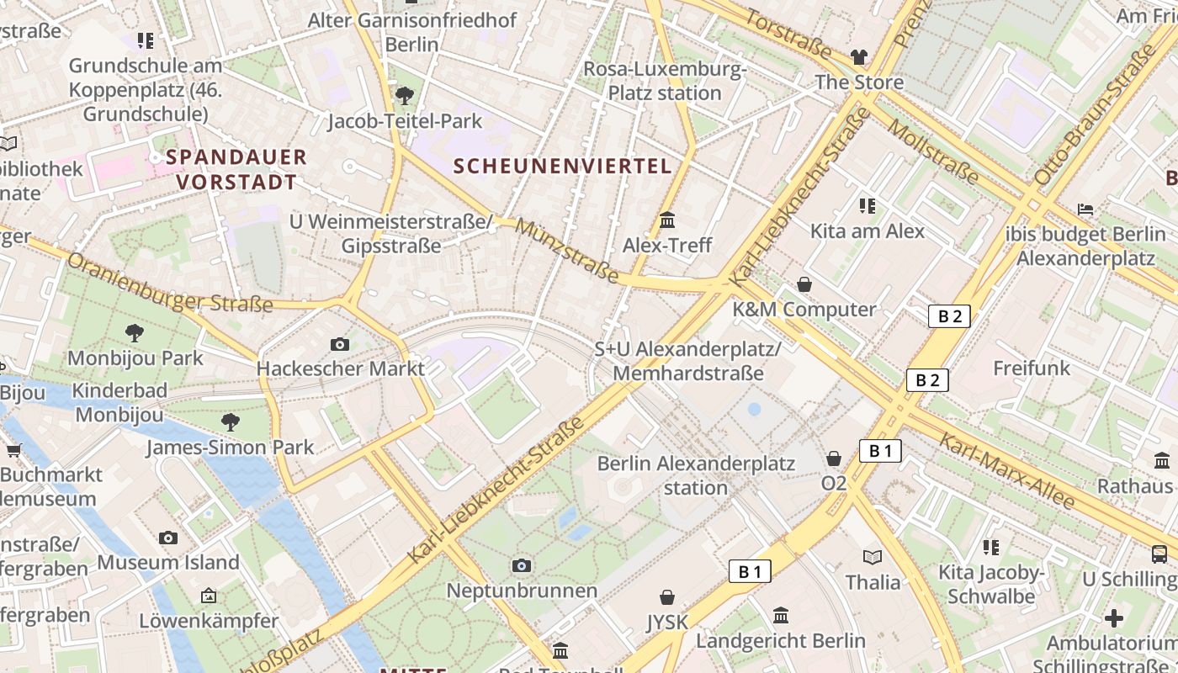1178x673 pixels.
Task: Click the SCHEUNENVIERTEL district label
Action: coord(563,166)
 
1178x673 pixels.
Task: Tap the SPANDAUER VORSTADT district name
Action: coord(236,169)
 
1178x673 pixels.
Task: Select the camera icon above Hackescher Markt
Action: coord(340,344)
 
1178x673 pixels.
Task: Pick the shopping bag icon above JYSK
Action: coord(667,597)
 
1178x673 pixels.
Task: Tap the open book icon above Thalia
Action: coord(873,557)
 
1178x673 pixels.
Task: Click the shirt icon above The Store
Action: coord(858,57)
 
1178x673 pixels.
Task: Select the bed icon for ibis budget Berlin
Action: coord(1085,209)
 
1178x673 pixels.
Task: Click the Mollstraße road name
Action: coord(934,151)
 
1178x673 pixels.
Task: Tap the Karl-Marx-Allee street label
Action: coord(1006,471)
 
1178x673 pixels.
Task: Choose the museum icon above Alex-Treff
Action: coord(667,220)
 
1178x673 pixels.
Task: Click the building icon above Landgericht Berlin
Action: coord(781,615)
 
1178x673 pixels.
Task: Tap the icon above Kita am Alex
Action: coord(868,206)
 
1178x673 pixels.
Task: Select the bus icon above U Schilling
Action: coord(1159,554)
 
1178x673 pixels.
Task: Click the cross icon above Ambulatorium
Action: coord(1114,618)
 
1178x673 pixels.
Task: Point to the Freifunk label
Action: coord(1032,368)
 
